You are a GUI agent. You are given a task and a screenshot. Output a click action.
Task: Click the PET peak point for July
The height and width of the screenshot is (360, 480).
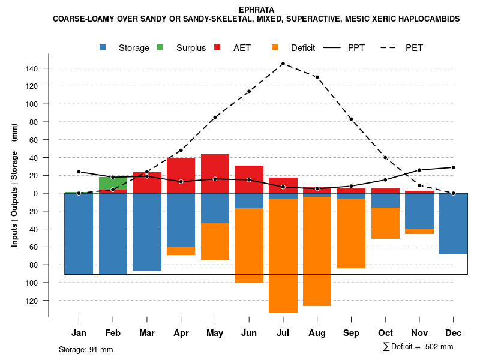click(283, 64)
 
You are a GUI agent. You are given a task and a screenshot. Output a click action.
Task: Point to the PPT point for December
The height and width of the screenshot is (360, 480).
click(453, 167)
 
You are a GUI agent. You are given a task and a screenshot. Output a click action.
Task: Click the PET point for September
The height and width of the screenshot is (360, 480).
click(351, 119)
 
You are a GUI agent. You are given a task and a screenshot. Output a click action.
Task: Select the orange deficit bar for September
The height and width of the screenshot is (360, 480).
click(351, 233)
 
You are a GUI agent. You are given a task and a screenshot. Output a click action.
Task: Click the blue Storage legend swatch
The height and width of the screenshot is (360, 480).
click(104, 48)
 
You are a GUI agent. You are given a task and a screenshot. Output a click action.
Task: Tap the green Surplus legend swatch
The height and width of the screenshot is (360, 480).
click(161, 48)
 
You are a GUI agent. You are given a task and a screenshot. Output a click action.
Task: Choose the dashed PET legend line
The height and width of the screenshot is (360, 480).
click(390, 48)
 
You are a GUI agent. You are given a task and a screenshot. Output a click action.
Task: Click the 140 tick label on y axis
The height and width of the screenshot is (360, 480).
click(32, 68)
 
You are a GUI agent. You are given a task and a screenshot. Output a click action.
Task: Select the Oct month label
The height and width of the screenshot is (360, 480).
click(385, 333)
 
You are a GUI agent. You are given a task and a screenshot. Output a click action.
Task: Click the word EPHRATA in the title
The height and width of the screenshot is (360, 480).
click(256, 10)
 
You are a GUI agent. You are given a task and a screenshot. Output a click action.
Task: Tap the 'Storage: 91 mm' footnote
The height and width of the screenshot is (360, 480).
click(86, 349)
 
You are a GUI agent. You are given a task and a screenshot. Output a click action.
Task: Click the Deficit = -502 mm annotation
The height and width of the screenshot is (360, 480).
click(418, 347)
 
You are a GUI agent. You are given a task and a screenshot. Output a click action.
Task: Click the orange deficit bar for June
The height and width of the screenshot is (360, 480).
click(249, 245)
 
